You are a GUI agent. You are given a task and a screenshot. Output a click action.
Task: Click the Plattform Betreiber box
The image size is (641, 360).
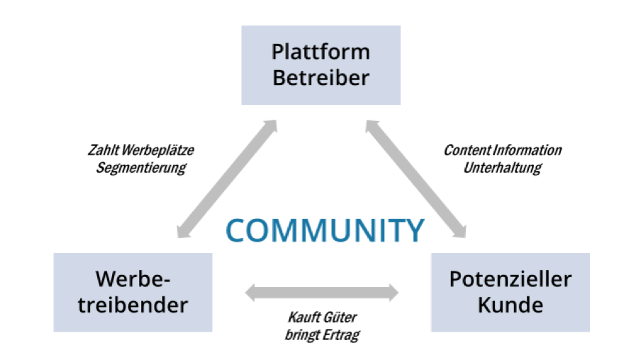coord(320,65)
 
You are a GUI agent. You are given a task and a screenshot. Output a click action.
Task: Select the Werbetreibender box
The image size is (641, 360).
coord(133,292)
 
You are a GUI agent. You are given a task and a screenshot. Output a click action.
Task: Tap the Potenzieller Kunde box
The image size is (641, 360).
coord(510,292)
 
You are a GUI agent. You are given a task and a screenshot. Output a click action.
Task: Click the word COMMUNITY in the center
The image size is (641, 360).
coord(325,231)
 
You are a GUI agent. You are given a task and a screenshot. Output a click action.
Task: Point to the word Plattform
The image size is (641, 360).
coord(320,52)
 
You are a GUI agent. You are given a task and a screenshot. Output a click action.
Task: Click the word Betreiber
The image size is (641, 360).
coord(320,77)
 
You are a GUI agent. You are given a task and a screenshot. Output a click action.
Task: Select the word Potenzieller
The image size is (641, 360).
coord(510,279)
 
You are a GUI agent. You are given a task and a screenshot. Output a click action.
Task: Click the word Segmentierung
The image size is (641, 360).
coord(140,169)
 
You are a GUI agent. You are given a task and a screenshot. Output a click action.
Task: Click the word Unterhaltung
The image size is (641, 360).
coord(502,169)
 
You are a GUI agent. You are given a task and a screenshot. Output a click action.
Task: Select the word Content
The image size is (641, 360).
coord(466,151)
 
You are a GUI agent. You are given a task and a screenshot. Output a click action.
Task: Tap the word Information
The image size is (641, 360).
coord(526,151)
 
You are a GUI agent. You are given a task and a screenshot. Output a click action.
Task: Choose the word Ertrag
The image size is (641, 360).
coord(340,334)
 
